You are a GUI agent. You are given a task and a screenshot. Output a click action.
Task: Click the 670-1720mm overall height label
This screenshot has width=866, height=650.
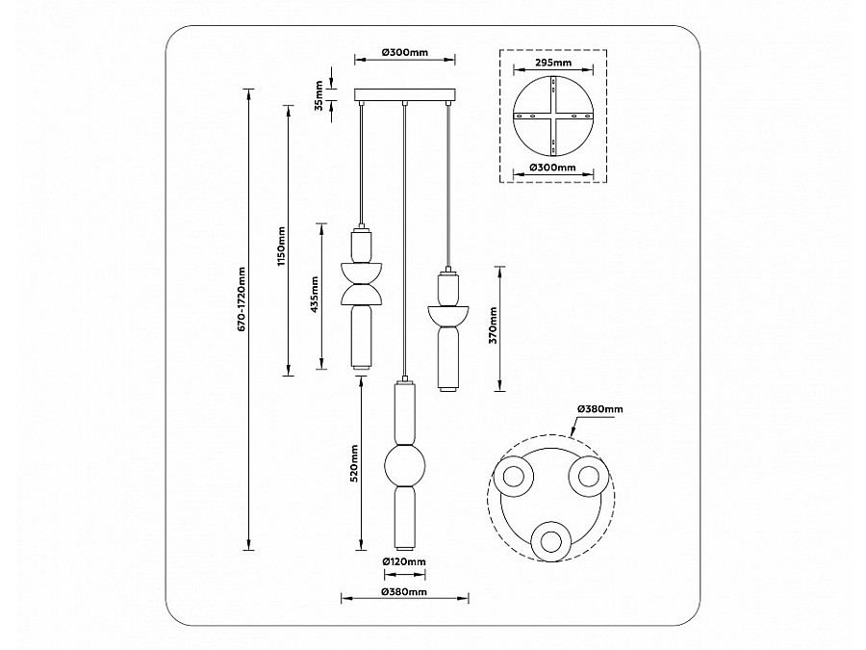pos(242,299)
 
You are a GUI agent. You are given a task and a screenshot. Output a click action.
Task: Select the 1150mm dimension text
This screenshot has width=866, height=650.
pos(282,246)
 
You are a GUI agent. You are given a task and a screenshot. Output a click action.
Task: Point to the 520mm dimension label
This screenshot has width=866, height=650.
pos(354,463)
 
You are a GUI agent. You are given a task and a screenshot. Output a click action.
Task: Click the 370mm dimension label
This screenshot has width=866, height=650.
pos(493,325)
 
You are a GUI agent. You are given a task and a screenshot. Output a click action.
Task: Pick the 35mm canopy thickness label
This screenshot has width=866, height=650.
pos(318,95)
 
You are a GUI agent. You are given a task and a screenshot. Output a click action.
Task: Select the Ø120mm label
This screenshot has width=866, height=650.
pos(404,562)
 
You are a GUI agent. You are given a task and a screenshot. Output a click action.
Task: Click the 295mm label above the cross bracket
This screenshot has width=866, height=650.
pos(553,63)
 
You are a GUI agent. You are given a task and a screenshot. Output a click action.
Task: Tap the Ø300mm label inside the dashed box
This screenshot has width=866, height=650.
pos(553,168)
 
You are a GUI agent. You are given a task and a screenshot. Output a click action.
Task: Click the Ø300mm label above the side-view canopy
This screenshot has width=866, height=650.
pos(405,53)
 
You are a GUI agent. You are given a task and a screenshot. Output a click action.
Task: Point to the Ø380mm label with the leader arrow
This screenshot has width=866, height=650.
pos(600,409)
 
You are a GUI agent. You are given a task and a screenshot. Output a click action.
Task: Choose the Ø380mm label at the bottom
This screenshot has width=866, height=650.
pos(404,592)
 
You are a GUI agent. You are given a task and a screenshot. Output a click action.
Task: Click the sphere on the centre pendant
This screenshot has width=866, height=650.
pos(405,465)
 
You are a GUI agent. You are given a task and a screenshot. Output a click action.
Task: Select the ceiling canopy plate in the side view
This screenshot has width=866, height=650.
pos(405,95)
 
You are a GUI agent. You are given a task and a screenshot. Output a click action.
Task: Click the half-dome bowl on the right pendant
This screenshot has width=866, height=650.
pos(447,315)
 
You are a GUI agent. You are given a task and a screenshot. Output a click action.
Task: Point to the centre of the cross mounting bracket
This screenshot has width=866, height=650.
pos(554,117)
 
